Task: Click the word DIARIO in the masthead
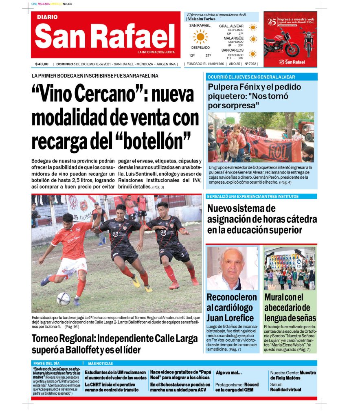pyautogui.click(x=47, y=18)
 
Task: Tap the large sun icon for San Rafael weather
pyautogui.click(x=200, y=37)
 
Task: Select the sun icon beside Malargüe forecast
pyautogui.click(x=253, y=40)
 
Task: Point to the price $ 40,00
pyautogui.click(x=42, y=64)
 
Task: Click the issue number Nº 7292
pyautogui.click(x=250, y=64)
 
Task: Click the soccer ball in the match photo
pyautogui.click(x=63, y=298)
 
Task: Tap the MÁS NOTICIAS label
pyautogui.click(x=101, y=363)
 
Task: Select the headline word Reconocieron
pyautogui.click(x=232, y=297)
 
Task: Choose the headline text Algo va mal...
pyautogui.click(x=228, y=373)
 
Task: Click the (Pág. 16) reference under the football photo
pyautogui.click(x=72, y=327)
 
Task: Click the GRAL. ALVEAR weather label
pyautogui.click(x=231, y=26)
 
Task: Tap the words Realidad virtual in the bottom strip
pyautogui.click(x=285, y=389)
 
